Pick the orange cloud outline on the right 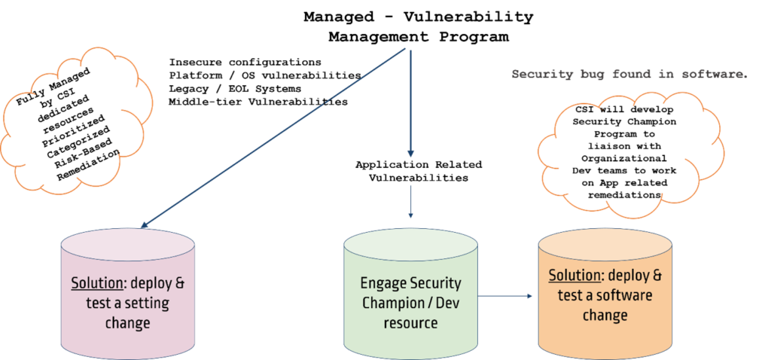point(631,151)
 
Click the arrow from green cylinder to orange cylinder point(506,296)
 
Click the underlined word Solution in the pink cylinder point(96,284)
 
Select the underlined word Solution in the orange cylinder point(573,275)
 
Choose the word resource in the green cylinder point(410,323)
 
